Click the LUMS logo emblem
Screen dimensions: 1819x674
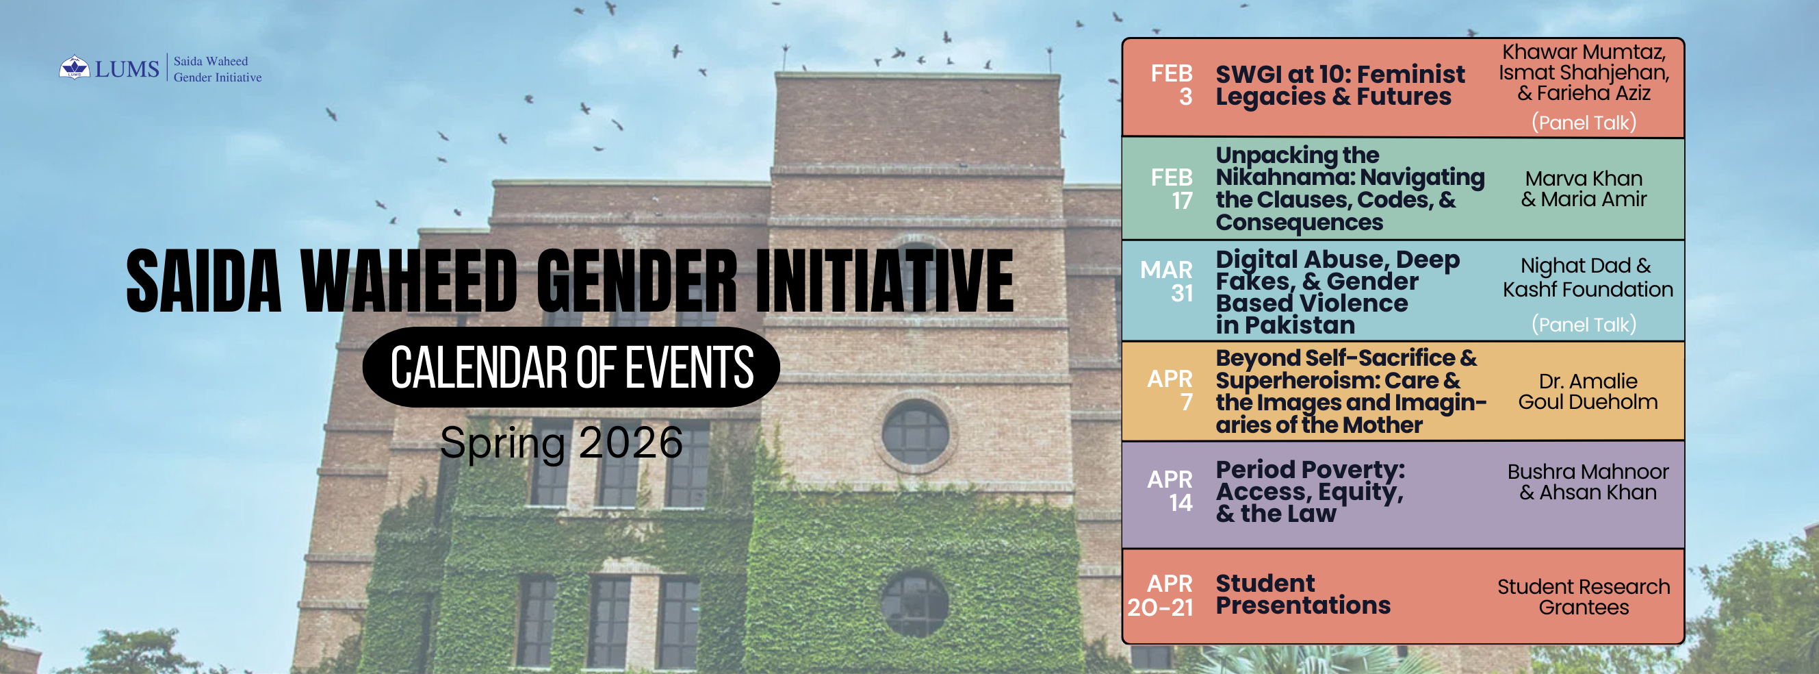click(x=74, y=68)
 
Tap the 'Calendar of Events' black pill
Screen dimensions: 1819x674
click(x=571, y=366)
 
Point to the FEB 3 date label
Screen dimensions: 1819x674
click(x=1172, y=85)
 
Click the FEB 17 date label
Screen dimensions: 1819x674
click(x=1172, y=188)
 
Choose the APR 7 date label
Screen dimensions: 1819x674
click(x=1170, y=390)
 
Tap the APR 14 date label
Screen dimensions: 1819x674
click(x=1170, y=491)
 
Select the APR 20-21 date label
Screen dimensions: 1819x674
click(x=1160, y=595)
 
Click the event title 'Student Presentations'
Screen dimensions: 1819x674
click(x=1303, y=594)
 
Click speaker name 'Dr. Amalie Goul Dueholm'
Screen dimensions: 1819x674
click(x=1588, y=391)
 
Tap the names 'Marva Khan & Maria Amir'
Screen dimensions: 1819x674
click(x=1584, y=188)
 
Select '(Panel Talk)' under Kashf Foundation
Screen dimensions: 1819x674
click(x=1584, y=324)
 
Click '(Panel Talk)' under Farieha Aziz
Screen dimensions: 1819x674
click(x=1584, y=122)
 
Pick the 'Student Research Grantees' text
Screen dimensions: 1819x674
click(x=1584, y=597)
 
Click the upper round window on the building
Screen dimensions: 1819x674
click(x=915, y=432)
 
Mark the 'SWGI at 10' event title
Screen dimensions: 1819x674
click(x=1340, y=85)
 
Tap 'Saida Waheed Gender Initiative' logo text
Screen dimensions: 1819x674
click(x=218, y=69)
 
